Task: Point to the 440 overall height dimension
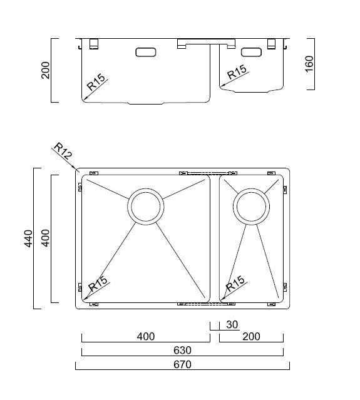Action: point(28,238)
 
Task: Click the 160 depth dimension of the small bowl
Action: point(309,64)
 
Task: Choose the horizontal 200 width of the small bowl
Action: point(250,337)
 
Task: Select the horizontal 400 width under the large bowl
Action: point(145,337)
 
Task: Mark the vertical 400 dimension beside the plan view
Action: point(45,238)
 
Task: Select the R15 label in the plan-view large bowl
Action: point(98,285)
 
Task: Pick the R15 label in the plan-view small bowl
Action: point(235,284)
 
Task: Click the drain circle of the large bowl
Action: point(147,206)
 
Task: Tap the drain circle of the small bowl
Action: point(251,206)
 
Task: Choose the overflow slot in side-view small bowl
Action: point(252,52)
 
